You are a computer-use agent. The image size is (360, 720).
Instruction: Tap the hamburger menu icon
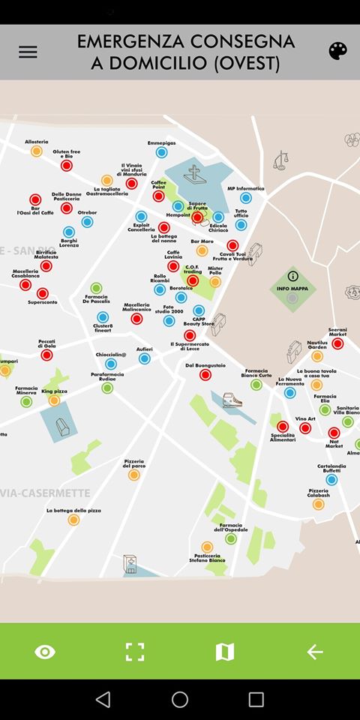click(28, 52)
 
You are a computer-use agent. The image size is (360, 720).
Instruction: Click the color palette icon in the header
click(337, 51)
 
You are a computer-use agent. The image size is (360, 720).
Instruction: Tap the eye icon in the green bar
click(45, 652)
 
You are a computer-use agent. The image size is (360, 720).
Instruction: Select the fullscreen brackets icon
click(135, 652)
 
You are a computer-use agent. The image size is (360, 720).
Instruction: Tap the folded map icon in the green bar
click(225, 652)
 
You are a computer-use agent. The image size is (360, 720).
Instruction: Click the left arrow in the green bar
click(315, 652)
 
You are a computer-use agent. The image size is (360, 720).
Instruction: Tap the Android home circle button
click(180, 699)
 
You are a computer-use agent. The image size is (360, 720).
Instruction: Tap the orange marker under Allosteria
click(36, 151)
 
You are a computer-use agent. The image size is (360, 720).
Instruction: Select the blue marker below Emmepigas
click(161, 152)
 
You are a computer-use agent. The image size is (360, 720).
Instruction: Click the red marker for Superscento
click(43, 292)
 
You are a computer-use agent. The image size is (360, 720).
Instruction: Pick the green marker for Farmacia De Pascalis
click(96, 288)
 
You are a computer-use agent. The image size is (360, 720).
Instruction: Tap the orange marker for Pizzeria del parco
click(133, 475)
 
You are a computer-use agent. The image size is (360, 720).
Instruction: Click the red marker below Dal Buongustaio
click(205, 375)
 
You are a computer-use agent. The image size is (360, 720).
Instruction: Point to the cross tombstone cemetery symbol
click(196, 175)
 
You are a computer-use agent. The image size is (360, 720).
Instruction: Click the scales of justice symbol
click(281, 160)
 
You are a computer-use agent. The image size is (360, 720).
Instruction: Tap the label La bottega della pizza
click(73, 510)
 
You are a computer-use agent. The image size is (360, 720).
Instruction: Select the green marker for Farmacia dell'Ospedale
click(231, 538)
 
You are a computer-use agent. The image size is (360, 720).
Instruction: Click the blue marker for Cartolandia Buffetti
click(331, 479)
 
